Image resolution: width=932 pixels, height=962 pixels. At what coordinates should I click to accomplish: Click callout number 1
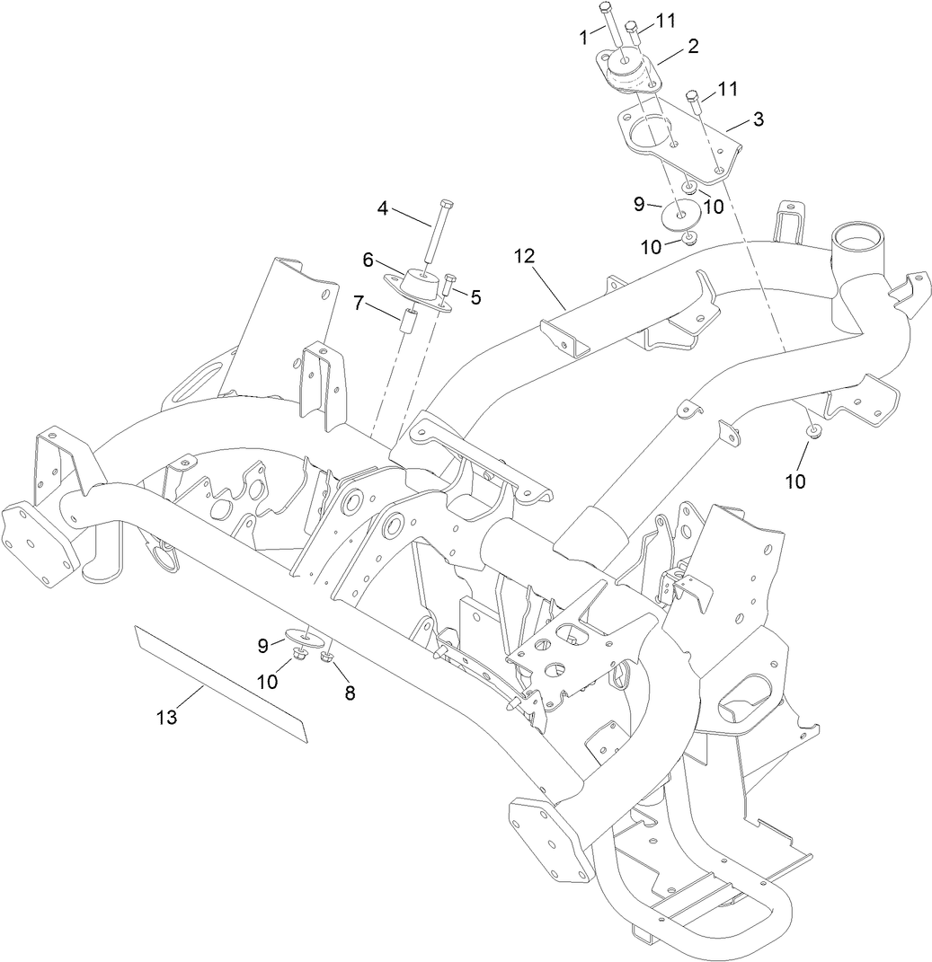point(584,37)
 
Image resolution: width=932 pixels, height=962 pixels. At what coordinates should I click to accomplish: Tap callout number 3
point(759,119)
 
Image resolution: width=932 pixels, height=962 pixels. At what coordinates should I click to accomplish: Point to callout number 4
point(383,208)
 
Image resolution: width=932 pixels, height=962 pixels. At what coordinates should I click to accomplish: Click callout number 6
point(368,259)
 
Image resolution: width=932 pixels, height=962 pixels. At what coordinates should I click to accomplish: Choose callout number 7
point(359,304)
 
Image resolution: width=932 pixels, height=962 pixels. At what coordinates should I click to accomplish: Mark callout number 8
point(349,693)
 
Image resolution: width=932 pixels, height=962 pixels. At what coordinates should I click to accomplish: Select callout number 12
point(524,256)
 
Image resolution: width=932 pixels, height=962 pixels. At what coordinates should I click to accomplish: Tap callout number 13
point(167,717)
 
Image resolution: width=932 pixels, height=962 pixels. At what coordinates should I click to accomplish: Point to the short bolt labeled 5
point(448,288)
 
